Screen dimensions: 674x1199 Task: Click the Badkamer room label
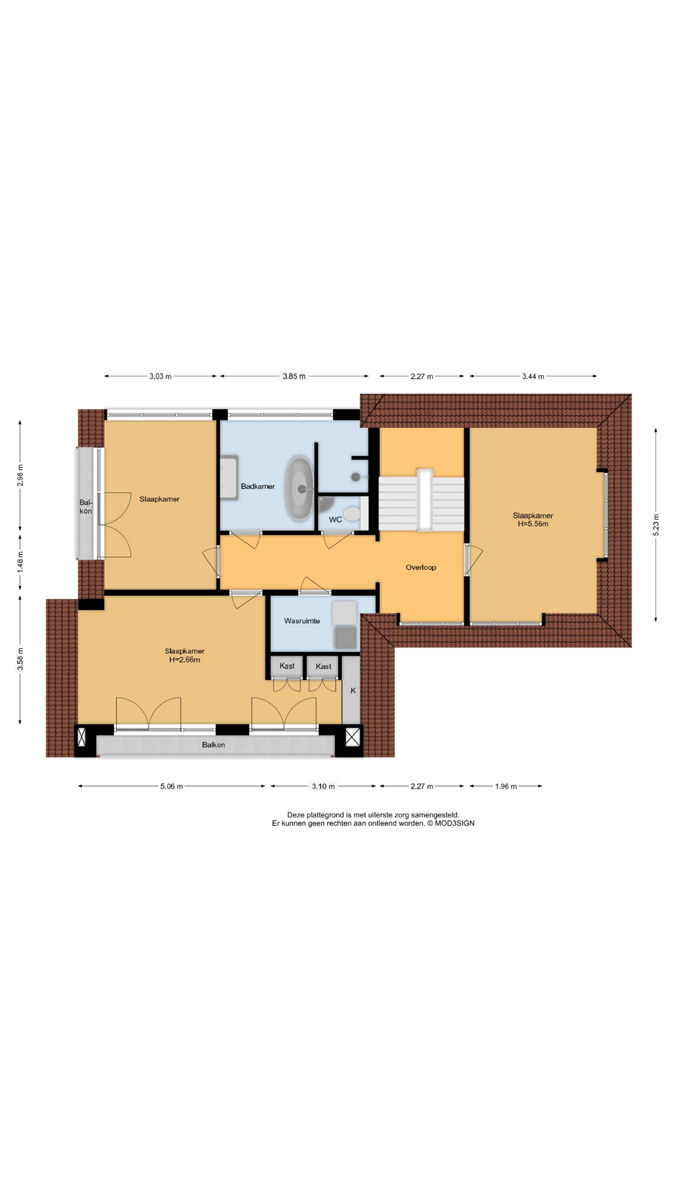(258, 486)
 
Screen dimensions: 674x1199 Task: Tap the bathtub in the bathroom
(300, 489)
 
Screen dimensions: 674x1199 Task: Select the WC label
(335, 520)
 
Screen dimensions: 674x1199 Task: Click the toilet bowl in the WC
(353, 514)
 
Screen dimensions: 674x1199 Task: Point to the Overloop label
(421, 568)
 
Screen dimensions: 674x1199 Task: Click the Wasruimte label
(302, 621)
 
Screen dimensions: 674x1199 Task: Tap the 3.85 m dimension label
(294, 376)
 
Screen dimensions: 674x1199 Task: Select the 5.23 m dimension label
(656, 525)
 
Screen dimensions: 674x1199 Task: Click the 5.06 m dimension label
(172, 786)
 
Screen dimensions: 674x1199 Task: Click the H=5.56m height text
(533, 524)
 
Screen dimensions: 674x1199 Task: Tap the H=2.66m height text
(185, 659)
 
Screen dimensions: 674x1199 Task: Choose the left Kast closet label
(287, 666)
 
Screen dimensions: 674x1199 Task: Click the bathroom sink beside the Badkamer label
(228, 478)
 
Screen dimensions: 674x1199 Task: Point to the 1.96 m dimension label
(506, 786)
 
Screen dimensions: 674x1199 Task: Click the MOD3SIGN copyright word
(455, 823)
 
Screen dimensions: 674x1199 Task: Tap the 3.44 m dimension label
(533, 376)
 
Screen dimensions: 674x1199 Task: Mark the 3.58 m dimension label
(20, 659)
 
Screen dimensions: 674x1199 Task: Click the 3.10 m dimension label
(323, 786)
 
